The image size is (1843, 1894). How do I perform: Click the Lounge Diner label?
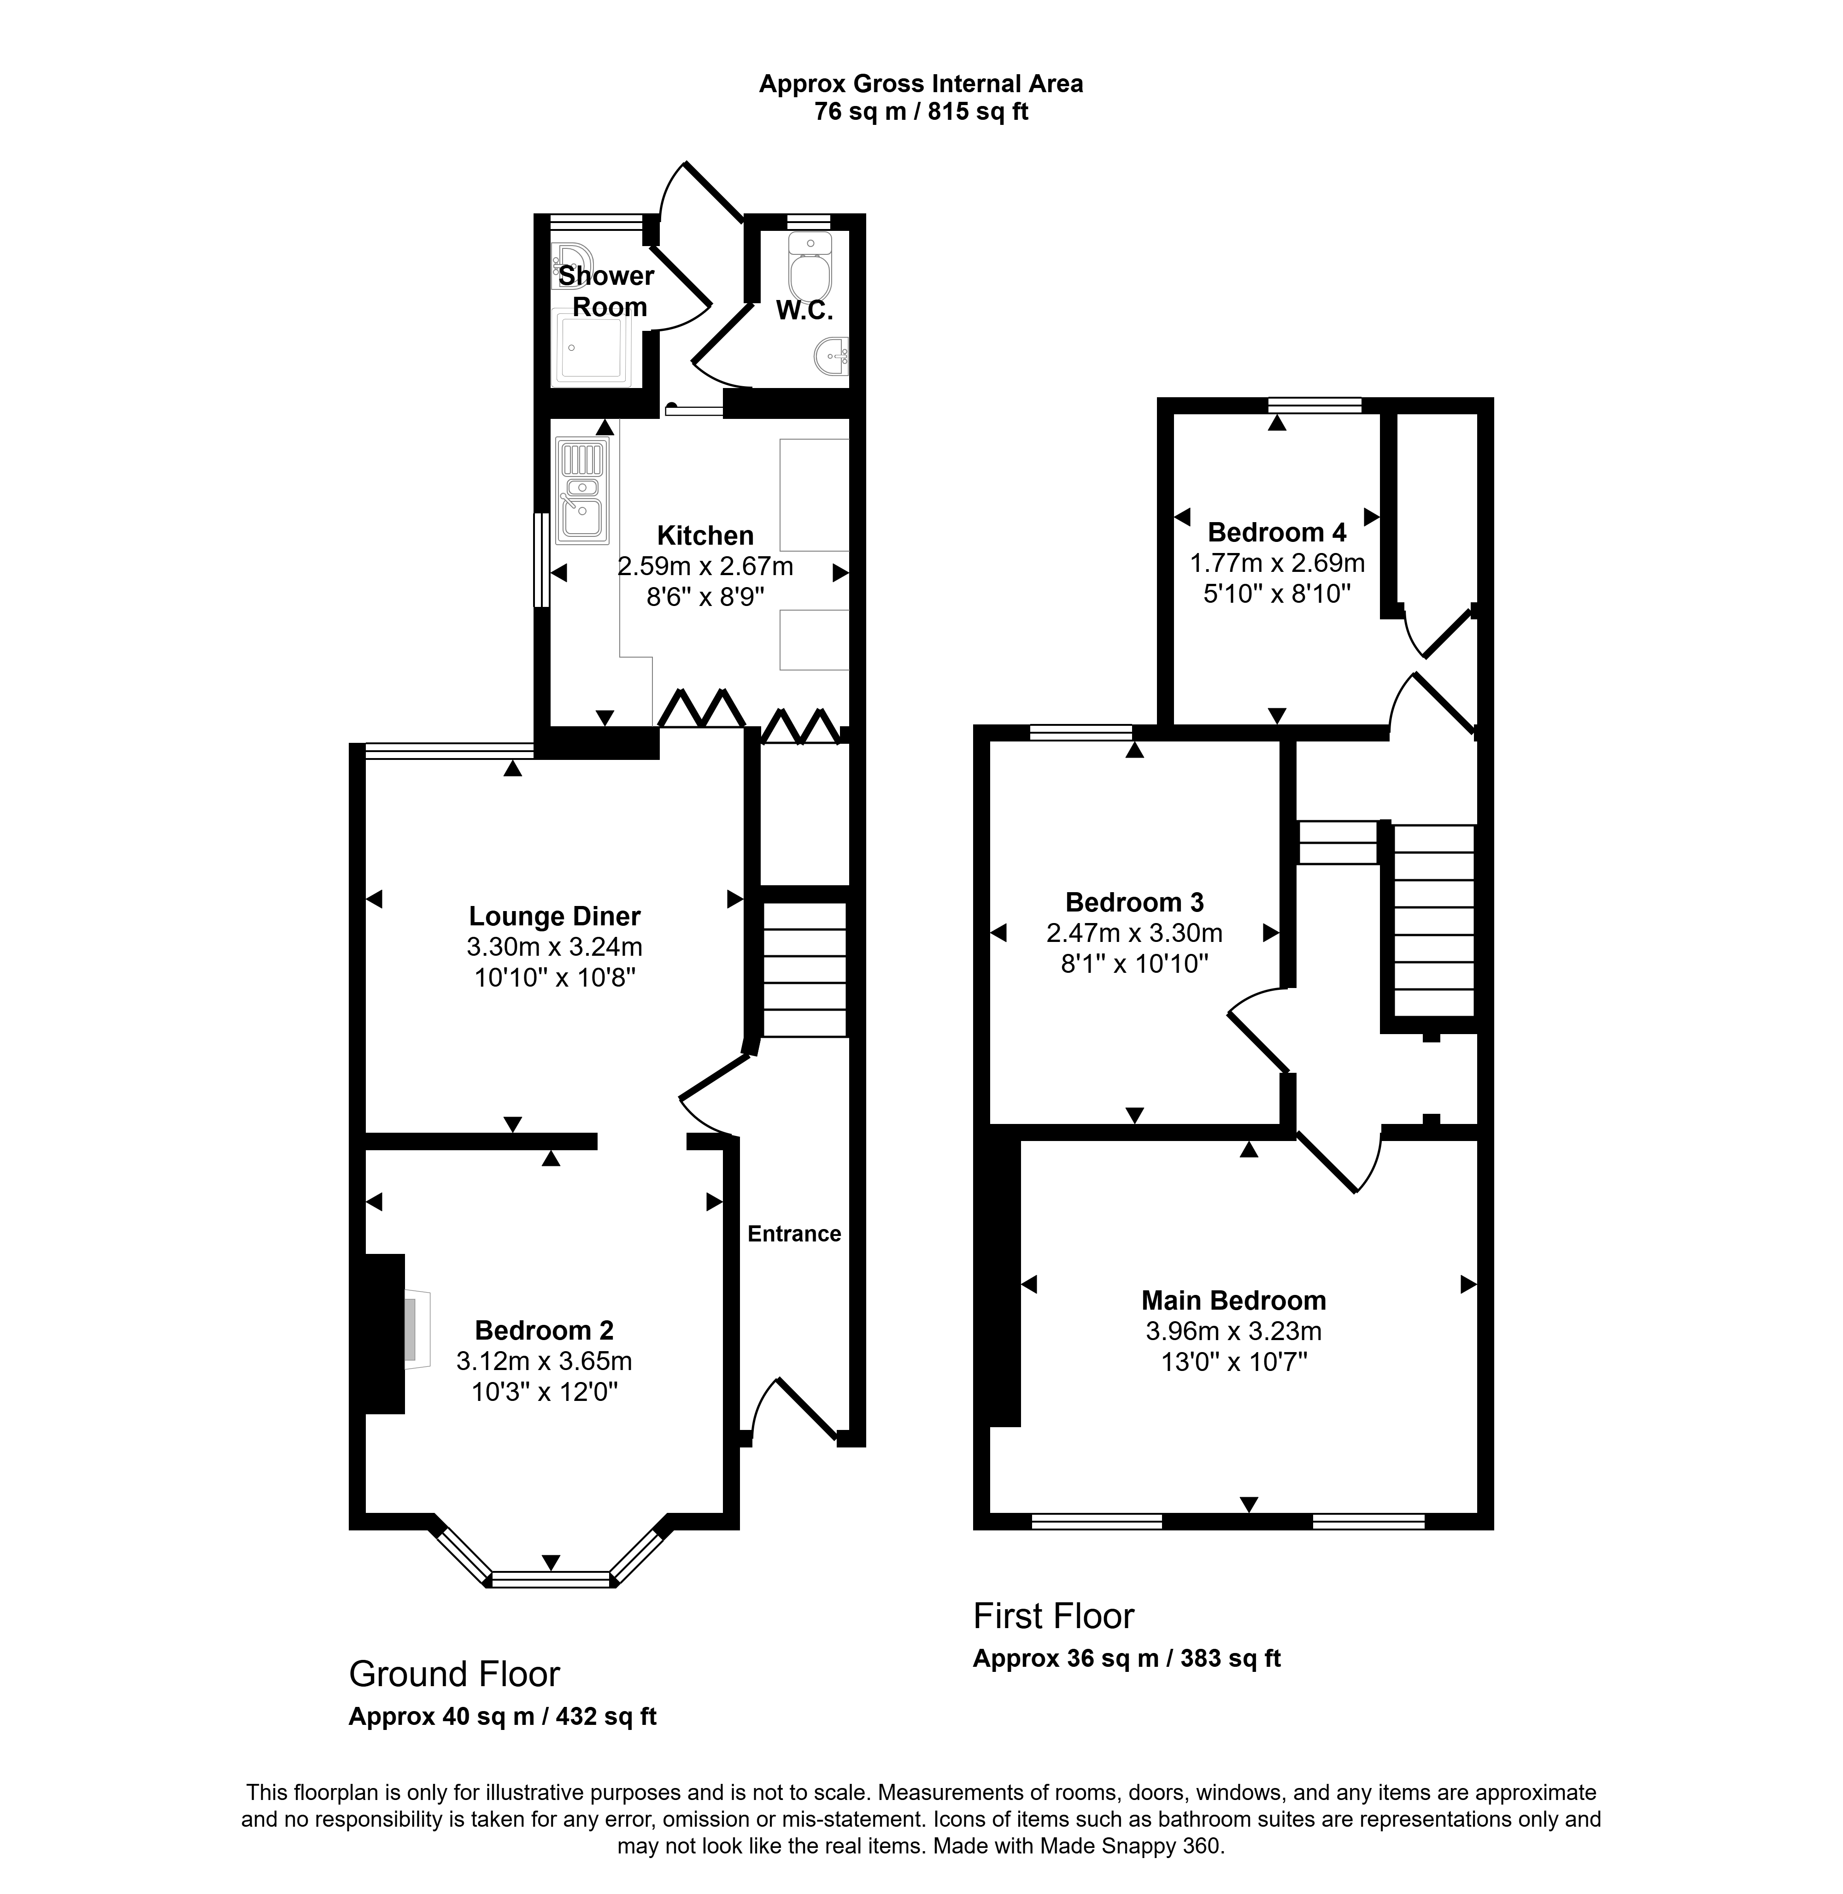pos(555,916)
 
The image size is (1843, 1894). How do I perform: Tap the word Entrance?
pos(794,1234)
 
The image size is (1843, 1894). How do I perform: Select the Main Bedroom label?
pos(1233,1300)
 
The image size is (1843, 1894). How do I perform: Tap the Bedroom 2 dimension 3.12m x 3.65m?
pos(544,1361)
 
